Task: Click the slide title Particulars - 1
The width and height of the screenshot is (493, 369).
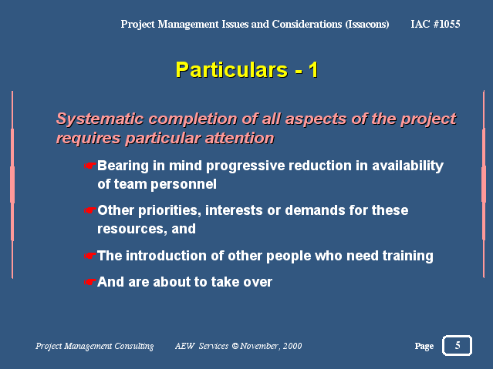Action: tap(247, 70)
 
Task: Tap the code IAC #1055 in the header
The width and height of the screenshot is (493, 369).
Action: tap(435, 24)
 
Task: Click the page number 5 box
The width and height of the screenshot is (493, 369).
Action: tap(458, 345)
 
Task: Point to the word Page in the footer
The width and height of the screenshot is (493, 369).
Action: tap(424, 346)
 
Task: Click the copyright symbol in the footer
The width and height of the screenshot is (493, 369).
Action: tap(235, 346)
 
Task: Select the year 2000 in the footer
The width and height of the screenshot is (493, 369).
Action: tap(292, 346)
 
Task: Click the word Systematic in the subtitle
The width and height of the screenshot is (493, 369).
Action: tap(100, 119)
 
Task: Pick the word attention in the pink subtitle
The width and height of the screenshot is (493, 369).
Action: tap(240, 138)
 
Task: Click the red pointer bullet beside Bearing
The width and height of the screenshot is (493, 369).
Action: tap(90, 166)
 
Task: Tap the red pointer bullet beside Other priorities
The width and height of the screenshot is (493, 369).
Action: tap(90, 210)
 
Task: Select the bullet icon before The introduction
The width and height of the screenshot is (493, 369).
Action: tap(90, 256)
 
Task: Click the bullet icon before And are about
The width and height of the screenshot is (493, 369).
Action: tap(90, 282)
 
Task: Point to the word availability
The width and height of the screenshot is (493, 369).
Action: tap(408, 166)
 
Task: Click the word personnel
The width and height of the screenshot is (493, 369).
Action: tap(184, 184)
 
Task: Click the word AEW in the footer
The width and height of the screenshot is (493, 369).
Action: tap(185, 346)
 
